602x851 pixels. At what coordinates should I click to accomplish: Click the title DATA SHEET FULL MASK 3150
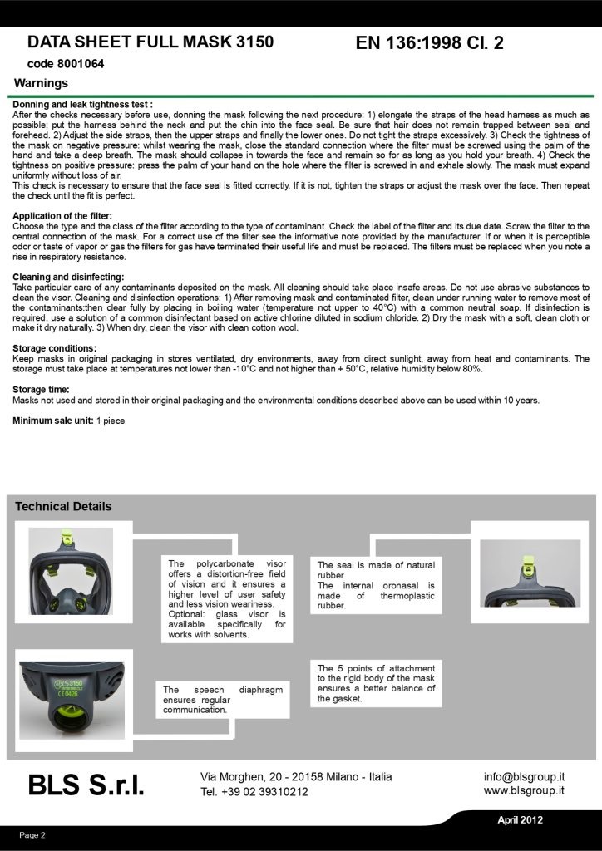pyautogui.click(x=150, y=42)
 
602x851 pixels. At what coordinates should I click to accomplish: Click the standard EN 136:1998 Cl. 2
pyautogui.click(x=429, y=43)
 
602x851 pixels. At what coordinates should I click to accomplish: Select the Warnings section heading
pyautogui.click(x=42, y=83)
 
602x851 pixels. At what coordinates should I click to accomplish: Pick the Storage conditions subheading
pyautogui.click(x=53, y=348)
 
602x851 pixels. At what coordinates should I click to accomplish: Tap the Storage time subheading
pyautogui.click(x=41, y=389)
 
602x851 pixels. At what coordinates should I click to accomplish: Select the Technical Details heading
pyautogui.click(x=63, y=506)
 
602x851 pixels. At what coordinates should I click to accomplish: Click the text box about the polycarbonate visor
pyautogui.click(x=226, y=599)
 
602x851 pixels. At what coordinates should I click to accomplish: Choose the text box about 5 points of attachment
pyautogui.click(x=376, y=684)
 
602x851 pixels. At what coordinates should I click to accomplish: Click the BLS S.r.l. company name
pyautogui.click(x=86, y=784)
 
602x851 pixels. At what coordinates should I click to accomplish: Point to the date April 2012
pyautogui.click(x=520, y=819)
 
